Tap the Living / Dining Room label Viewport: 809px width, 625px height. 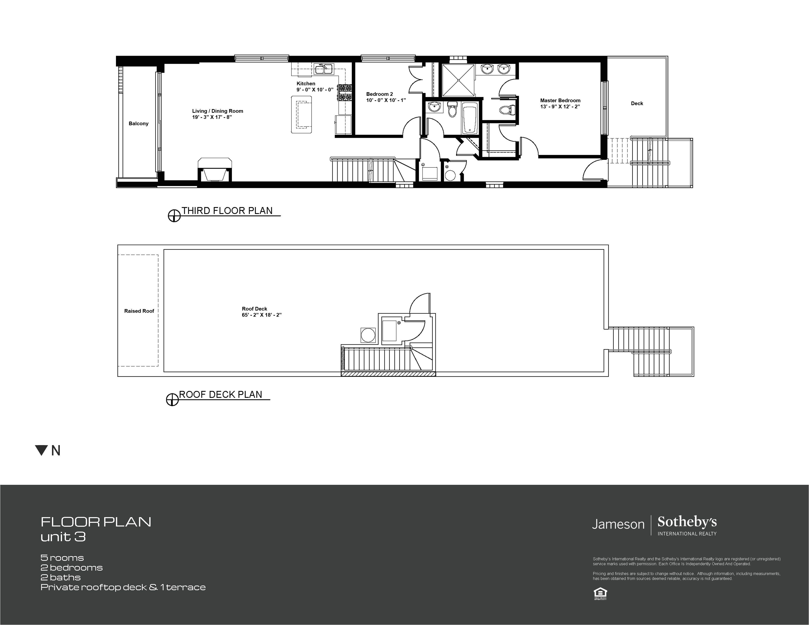217,111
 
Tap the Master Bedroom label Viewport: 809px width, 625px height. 560,100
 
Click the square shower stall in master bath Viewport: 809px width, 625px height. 459,80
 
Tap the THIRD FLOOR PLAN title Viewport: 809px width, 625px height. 227,211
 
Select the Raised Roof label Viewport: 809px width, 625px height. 139,311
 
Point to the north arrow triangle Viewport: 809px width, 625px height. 41,450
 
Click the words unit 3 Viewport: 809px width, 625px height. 63,537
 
